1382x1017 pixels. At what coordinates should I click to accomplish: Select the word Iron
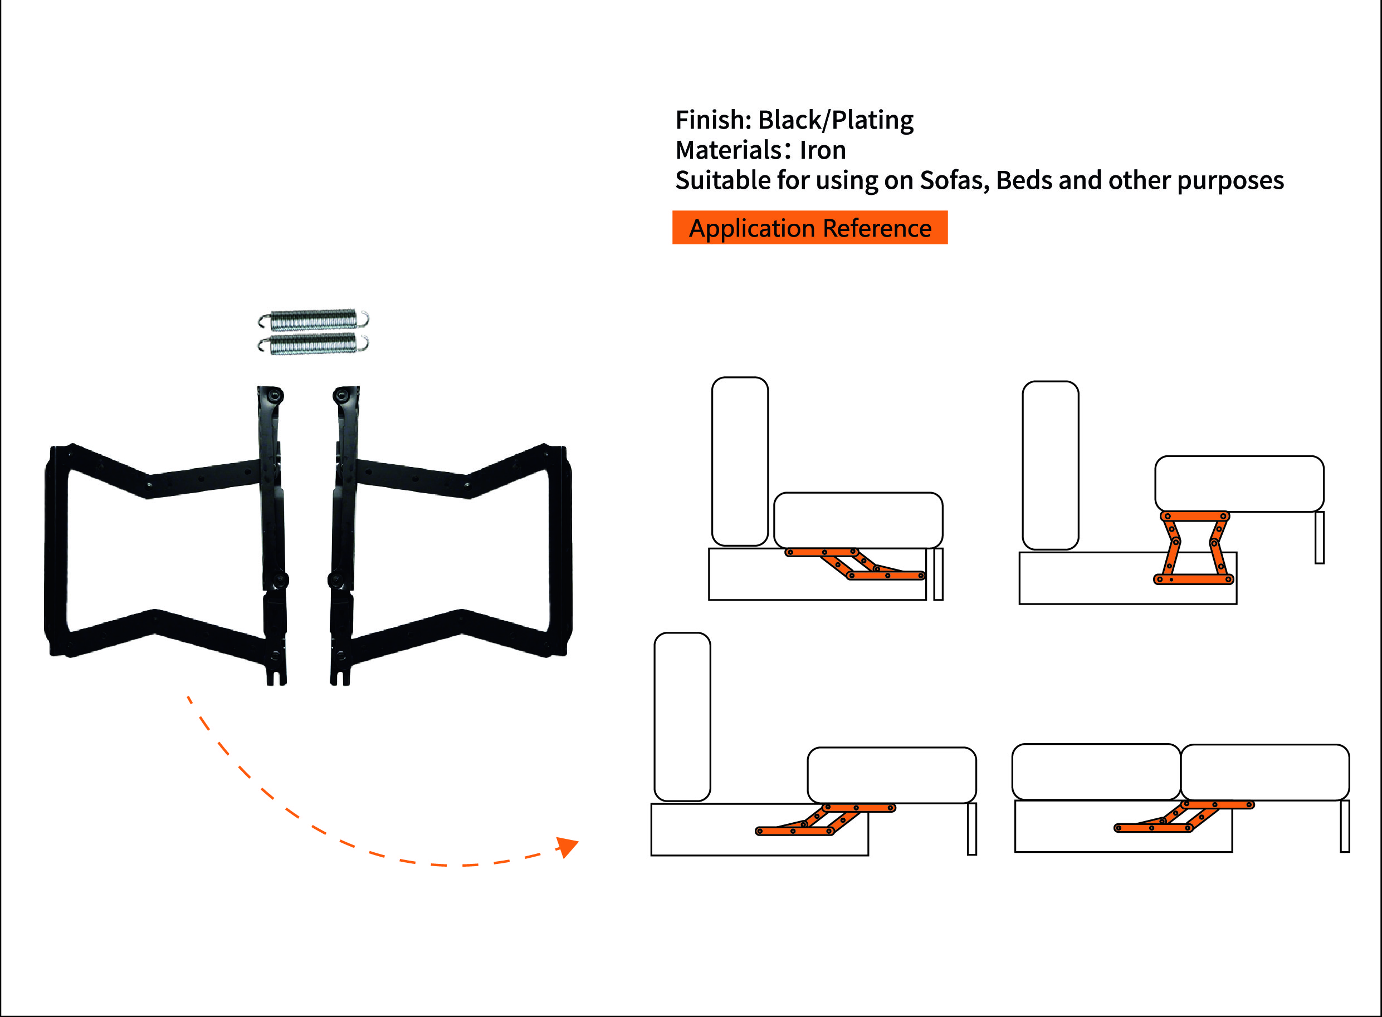(822, 150)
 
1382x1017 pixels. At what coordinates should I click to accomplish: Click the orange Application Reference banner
(810, 228)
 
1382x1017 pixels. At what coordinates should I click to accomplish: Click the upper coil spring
(314, 320)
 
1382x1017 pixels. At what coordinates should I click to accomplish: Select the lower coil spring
(314, 344)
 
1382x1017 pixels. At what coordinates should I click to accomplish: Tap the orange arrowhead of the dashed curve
(567, 847)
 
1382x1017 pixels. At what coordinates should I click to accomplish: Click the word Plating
(873, 120)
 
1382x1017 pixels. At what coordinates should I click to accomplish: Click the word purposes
(1230, 181)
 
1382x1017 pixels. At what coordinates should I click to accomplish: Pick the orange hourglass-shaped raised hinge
(1194, 547)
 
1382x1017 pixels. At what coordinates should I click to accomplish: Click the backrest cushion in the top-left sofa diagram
(740, 461)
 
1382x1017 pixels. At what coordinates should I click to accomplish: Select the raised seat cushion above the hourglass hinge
(1239, 484)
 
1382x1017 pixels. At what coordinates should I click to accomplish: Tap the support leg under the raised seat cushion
(1319, 537)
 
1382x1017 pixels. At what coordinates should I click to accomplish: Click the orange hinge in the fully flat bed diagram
(1184, 816)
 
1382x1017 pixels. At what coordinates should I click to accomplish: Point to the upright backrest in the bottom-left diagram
(682, 717)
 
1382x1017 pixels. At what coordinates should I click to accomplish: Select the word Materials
(729, 150)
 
